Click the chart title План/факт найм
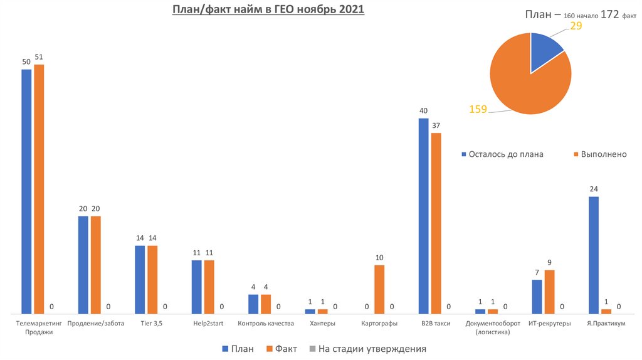268,10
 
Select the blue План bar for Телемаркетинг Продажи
26,191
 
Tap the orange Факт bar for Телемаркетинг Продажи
39,189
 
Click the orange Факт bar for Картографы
379,289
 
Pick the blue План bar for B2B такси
424,216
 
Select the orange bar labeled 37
436,223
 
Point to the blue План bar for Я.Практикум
594,255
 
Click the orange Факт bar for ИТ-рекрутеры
550,292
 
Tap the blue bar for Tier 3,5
140,279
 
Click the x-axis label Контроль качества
266,324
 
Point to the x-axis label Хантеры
322,324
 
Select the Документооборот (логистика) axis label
493,327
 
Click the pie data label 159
478,110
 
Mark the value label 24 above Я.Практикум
594,189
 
